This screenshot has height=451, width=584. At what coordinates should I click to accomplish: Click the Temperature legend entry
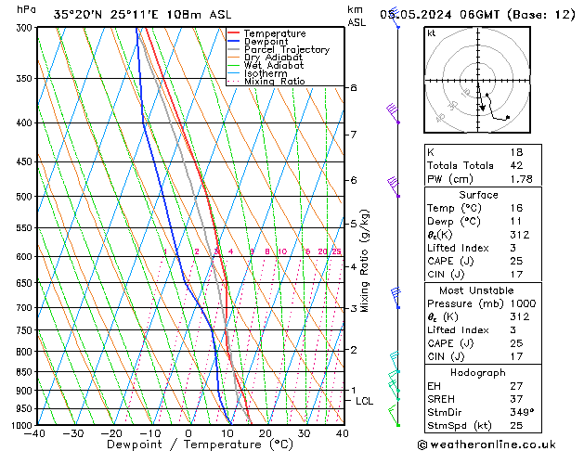274,33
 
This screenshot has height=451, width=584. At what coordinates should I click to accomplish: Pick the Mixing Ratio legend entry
275,82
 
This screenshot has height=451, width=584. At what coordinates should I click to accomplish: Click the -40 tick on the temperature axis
35,433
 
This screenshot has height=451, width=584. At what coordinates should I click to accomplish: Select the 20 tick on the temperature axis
266,433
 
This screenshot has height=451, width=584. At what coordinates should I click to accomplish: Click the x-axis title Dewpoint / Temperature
188,445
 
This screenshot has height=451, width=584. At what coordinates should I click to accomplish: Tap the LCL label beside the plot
364,401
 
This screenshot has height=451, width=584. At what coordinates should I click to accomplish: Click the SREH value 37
517,399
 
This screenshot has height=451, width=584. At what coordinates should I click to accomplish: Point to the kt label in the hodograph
431,33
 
